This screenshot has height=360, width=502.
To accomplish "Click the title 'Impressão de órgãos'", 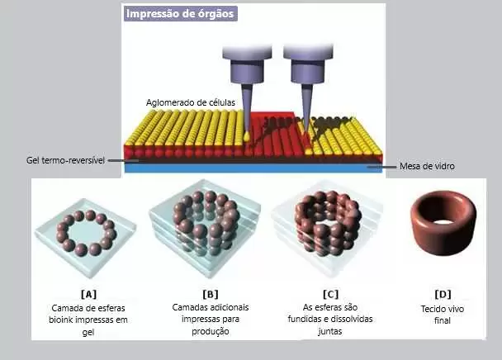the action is click(180, 14).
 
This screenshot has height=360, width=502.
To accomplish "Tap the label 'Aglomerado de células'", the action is click(191, 102).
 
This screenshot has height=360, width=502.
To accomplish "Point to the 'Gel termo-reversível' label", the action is click(65, 160).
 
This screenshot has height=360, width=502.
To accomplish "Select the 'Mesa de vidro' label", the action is click(427, 166).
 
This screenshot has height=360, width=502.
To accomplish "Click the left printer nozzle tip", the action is click(247, 139).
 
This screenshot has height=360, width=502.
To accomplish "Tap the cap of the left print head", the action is click(247, 53).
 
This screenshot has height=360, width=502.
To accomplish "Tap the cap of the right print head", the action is click(308, 52).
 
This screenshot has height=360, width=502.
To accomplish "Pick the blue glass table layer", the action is click(253, 168).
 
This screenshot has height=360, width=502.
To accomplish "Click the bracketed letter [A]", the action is click(88, 294).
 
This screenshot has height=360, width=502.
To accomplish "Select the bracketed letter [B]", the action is click(211, 294).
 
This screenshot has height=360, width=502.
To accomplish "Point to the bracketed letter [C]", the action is click(330, 294).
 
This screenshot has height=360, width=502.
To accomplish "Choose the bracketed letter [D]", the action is click(443, 294).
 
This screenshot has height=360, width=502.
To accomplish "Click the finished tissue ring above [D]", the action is click(443, 240).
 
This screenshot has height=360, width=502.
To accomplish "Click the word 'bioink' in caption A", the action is click(61, 320).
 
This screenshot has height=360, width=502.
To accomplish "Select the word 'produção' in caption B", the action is click(211, 331).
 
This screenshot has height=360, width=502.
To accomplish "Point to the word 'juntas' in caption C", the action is click(330, 331).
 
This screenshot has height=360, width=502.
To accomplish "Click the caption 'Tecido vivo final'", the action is click(443, 315).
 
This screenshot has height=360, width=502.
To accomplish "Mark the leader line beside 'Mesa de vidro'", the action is click(381, 167).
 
